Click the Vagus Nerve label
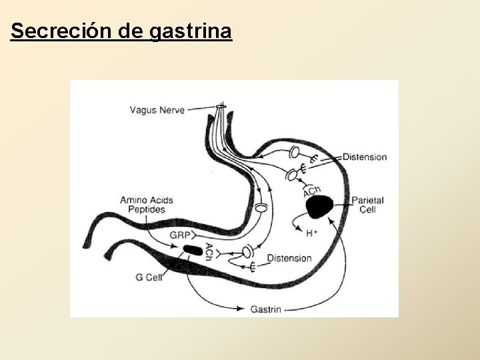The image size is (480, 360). coord(157,109)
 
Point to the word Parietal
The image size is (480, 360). coord(367,200)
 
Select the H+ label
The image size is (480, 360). coord(312,233)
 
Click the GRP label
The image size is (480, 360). coord(178,235)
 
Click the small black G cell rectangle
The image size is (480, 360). coord(193,250)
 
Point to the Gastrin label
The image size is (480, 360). coord(265,309)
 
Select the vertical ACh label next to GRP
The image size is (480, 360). coord(209,252)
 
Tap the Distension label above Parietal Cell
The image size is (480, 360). coord(365,157)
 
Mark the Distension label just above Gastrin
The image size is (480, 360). coord(289,258)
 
